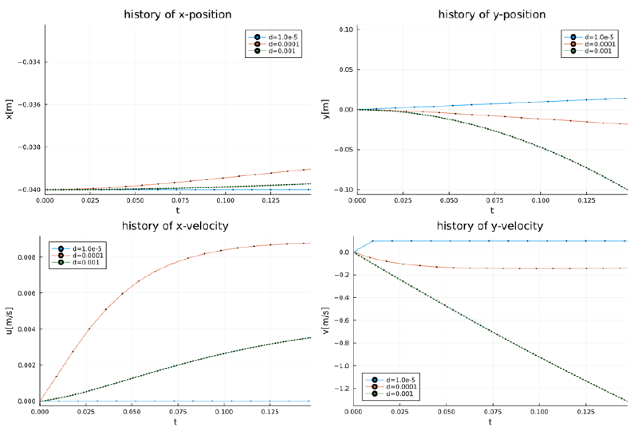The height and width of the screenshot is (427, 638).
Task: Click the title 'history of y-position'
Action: point(491,14)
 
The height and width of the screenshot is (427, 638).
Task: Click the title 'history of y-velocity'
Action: point(490,226)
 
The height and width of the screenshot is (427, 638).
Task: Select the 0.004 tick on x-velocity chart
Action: point(26,329)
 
